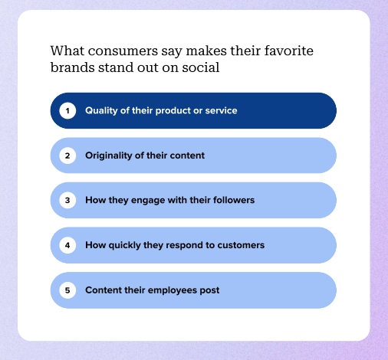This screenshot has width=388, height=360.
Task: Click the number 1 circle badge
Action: coord(67,111)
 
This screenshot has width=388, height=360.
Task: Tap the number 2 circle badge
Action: coord(67,155)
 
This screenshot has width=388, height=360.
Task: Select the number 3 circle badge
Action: coord(67,201)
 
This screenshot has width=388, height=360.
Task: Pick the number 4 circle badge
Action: coord(67,245)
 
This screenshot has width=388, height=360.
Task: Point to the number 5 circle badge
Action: coord(67,290)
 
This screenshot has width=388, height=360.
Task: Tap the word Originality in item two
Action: coord(108,155)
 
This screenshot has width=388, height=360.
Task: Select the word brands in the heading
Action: coord(70,68)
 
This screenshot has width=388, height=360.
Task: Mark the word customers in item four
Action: coord(240,245)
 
